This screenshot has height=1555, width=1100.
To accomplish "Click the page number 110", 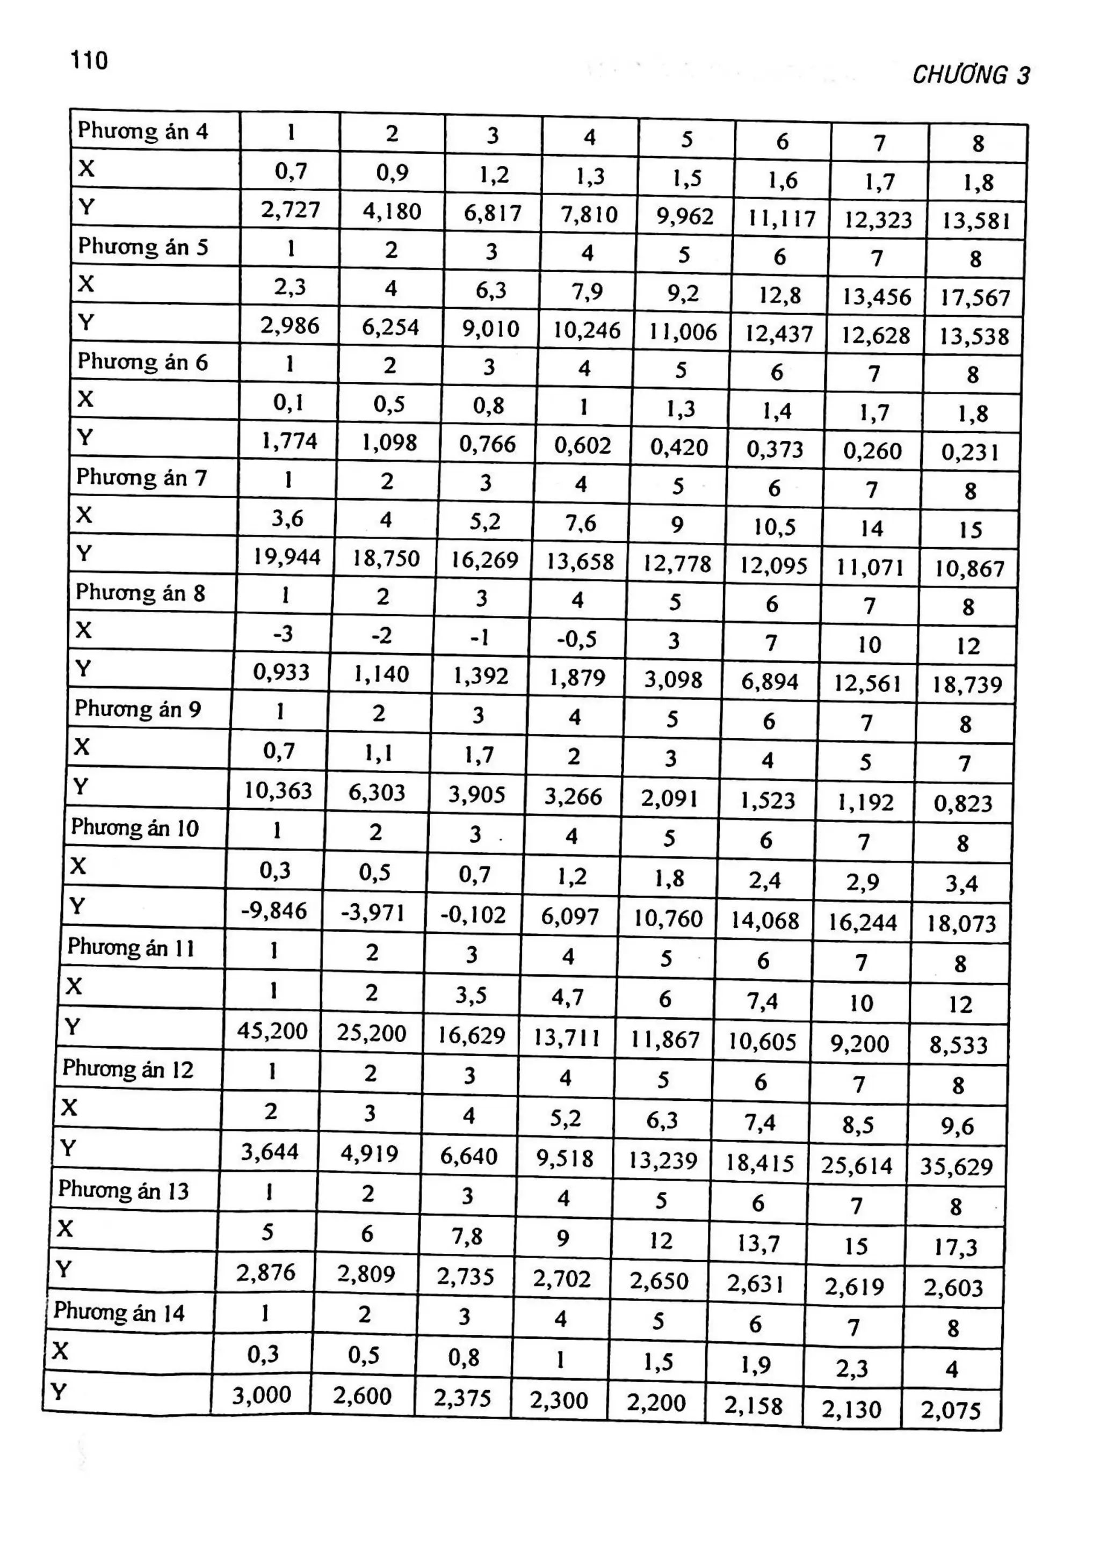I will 89,61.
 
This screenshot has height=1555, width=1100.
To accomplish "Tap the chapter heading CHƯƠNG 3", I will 970,75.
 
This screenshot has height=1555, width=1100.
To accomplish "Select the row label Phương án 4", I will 143,130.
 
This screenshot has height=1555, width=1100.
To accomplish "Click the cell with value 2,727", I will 291,209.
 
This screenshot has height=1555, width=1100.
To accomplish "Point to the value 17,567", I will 975,298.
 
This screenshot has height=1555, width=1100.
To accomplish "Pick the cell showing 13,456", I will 877,296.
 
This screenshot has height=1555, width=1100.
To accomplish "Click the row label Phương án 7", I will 141,477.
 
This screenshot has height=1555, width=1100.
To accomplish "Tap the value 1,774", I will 289,441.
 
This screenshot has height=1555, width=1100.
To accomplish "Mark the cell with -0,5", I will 576,638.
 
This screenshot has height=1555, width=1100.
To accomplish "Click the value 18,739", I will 967,685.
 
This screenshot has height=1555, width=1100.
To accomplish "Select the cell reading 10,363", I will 278,790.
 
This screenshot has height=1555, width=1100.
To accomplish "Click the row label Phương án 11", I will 131,948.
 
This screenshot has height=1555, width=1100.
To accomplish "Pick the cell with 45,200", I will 272,1031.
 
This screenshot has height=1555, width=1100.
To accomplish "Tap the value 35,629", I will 956,1166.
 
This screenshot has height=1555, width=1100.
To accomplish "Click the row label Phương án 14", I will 119,1312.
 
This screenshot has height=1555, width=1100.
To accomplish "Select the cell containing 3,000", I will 262,1394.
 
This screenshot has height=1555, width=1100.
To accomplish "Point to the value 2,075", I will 950,1410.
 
